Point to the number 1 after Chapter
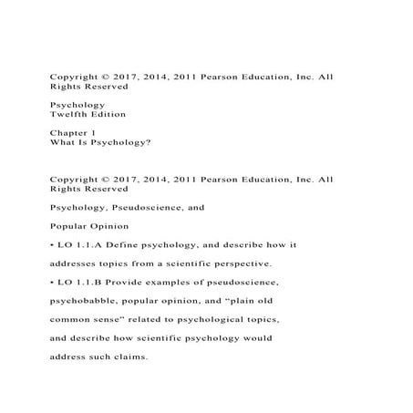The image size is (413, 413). coord(94,132)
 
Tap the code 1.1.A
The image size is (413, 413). coord(86,245)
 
